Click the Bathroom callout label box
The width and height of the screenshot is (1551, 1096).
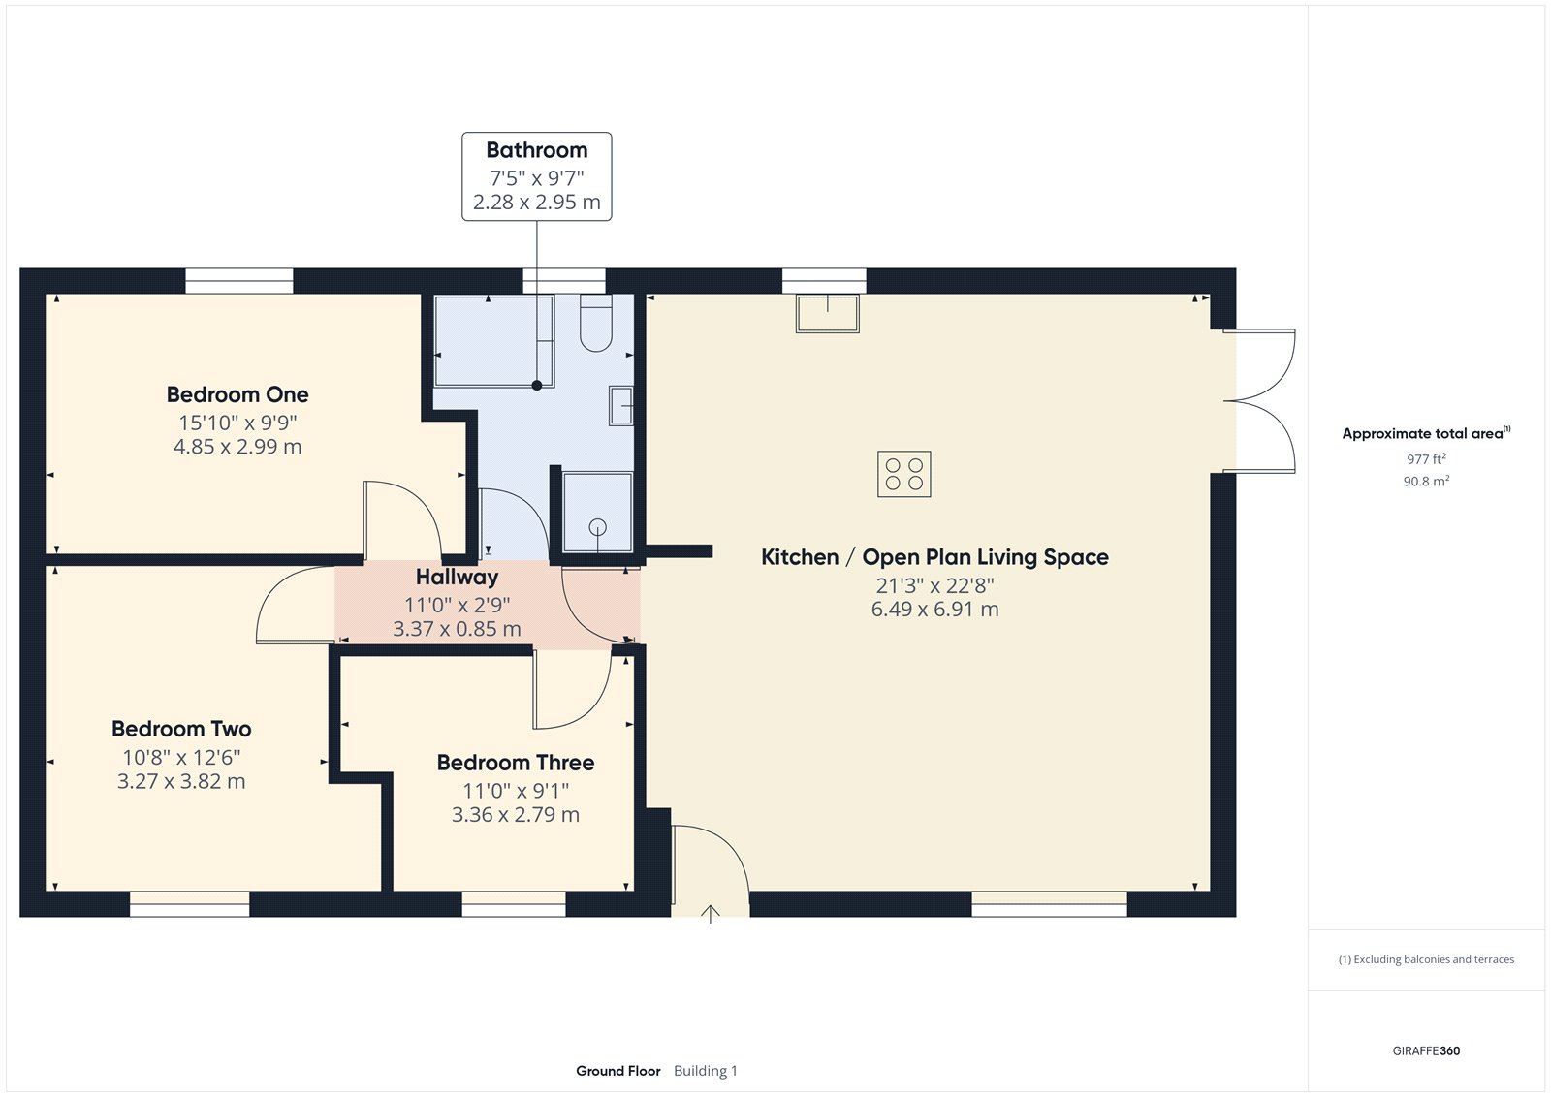point(536,176)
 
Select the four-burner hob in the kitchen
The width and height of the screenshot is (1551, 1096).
point(903,474)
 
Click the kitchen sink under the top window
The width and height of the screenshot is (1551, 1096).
point(828,314)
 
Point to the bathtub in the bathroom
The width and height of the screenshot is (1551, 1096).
point(493,341)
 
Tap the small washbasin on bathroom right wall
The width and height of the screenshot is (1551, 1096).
point(620,405)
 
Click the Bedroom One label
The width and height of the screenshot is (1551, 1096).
point(237,394)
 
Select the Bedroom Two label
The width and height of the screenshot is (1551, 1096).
point(181,729)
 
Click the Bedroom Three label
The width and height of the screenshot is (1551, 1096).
point(515,763)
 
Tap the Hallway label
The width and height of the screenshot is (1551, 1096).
point(457,577)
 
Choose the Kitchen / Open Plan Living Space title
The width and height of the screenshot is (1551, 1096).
point(934,557)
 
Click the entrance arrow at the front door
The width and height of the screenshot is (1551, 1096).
point(711,914)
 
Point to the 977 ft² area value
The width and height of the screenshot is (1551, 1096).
point(1426,459)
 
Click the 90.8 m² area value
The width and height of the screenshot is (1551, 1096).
point(1426,481)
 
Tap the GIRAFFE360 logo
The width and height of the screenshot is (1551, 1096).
point(1426,1050)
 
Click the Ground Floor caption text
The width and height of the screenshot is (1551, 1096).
point(617,1071)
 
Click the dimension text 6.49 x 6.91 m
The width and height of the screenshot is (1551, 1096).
point(934,610)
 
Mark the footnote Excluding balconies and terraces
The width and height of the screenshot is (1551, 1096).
point(1426,959)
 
